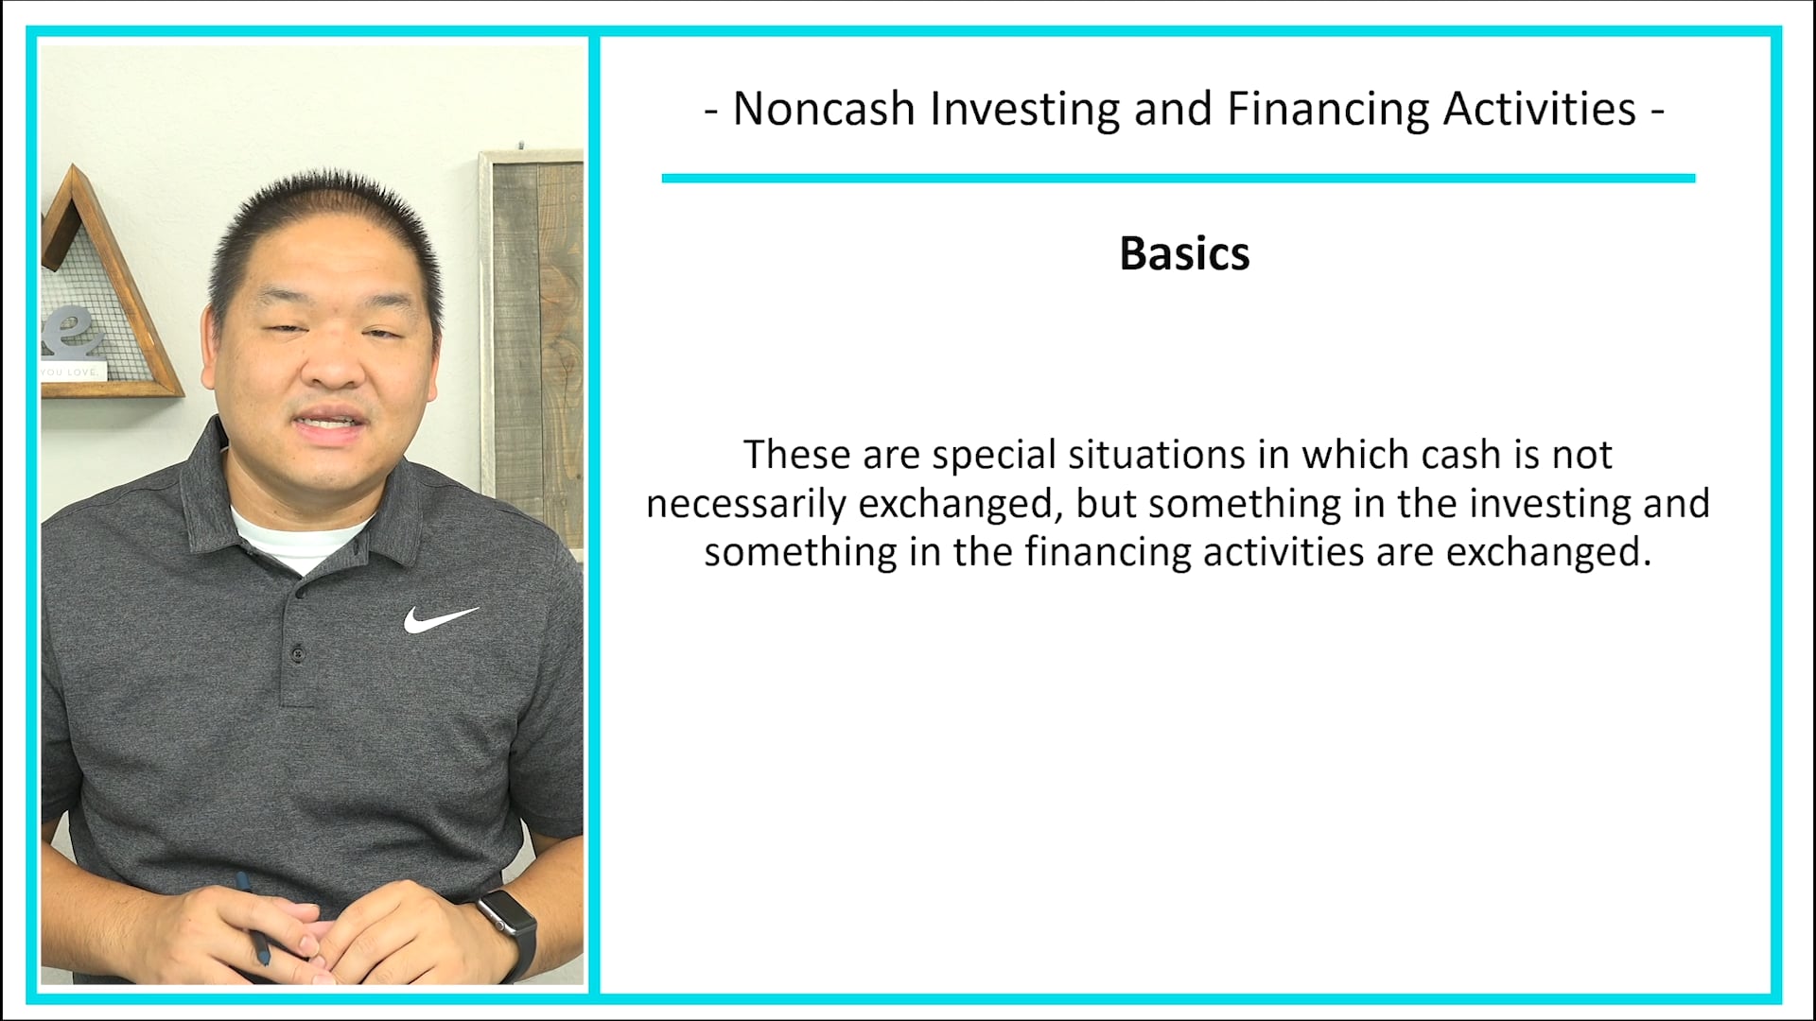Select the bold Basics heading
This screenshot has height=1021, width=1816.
1184,254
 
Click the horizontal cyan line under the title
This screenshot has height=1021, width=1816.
1178,178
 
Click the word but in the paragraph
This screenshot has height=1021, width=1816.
1106,504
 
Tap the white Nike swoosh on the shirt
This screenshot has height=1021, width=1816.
440,619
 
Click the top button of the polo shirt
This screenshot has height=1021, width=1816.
299,652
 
